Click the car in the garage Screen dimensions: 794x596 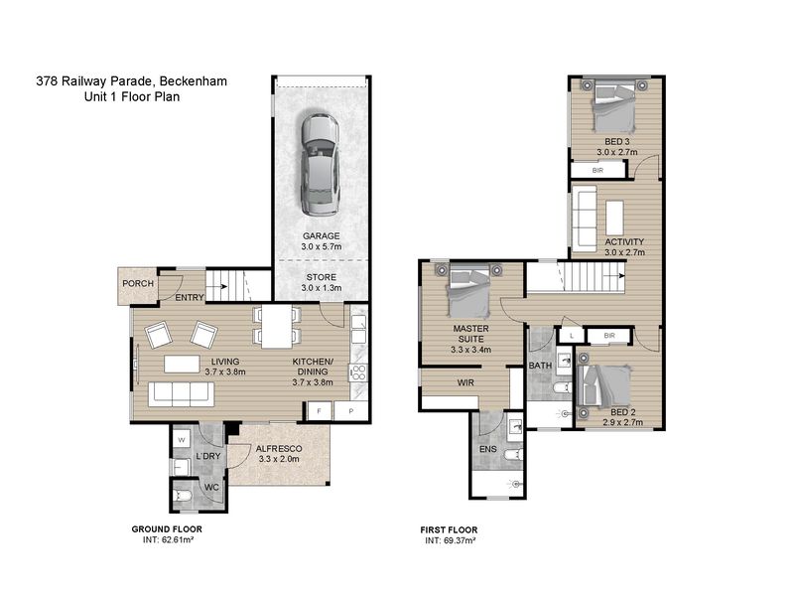[320, 164]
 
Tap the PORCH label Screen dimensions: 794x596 [138, 283]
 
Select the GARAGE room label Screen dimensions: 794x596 [321, 235]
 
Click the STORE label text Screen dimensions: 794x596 [321, 277]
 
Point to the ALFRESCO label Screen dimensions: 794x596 [279, 449]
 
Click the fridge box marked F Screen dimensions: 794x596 [319, 411]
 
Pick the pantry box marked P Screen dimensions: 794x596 [351, 411]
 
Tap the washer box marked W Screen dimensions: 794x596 [182, 439]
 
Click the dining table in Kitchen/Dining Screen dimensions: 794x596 [277, 327]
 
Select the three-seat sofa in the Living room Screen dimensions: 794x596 [181, 393]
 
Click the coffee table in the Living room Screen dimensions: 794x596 [182, 364]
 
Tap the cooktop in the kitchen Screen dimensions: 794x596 [358, 373]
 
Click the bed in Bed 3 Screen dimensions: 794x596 [614, 107]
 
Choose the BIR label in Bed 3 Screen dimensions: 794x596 [597, 170]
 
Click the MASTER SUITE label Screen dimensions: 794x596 [470, 334]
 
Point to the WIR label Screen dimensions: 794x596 [465, 382]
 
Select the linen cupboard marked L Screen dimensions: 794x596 [572, 336]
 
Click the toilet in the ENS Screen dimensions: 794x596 [513, 455]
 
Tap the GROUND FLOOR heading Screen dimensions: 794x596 [167, 529]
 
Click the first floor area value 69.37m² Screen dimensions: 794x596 [459, 540]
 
